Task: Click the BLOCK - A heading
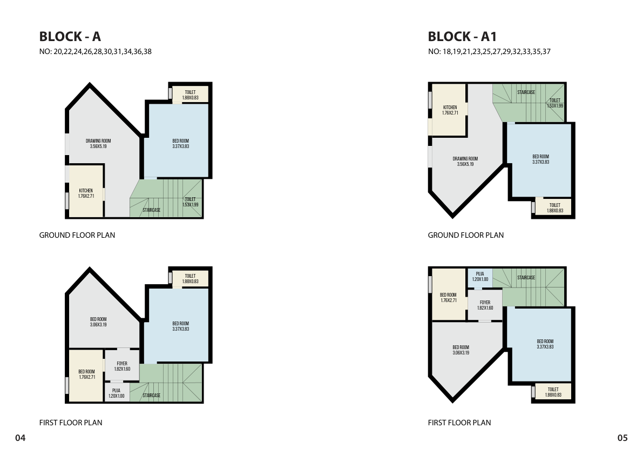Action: (x=70, y=37)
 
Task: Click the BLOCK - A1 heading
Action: (x=462, y=37)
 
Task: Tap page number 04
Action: (x=21, y=438)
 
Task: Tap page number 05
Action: (x=622, y=438)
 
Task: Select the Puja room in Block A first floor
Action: (x=117, y=393)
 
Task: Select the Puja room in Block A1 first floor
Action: (x=480, y=277)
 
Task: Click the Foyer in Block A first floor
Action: (x=122, y=366)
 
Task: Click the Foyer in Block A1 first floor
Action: (x=485, y=305)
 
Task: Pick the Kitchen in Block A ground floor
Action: (x=86, y=191)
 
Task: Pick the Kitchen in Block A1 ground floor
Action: (x=449, y=110)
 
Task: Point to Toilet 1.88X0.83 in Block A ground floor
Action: (x=190, y=95)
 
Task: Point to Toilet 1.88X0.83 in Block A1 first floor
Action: (x=553, y=392)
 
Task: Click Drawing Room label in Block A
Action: (x=98, y=144)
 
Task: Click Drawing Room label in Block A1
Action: (x=465, y=161)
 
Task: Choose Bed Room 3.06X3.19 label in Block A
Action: (x=98, y=322)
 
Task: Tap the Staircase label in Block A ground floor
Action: (x=152, y=210)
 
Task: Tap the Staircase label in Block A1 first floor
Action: (x=526, y=278)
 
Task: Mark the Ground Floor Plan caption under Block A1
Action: (x=466, y=235)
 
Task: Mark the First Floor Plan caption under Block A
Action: (x=71, y=423)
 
